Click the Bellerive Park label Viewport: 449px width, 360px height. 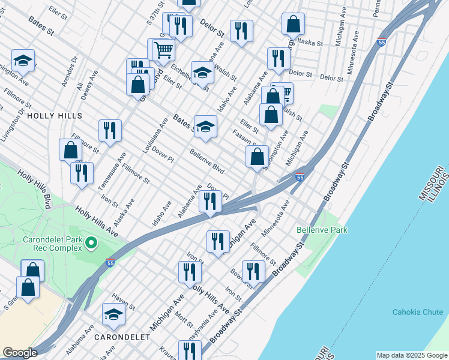(322, 230)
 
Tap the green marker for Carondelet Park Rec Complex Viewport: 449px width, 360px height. (91, 243)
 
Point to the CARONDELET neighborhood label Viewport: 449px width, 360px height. (122, 337)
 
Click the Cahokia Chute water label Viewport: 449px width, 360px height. (417, 312)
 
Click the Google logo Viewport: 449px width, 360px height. (20, 352)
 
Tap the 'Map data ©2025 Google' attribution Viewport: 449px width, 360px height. (412, 355)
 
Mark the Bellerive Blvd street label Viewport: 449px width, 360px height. (207, 161)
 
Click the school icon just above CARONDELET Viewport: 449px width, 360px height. (113, 313)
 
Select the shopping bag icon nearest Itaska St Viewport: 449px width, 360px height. (294, 25)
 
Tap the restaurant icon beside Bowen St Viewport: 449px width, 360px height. (253, 271)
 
